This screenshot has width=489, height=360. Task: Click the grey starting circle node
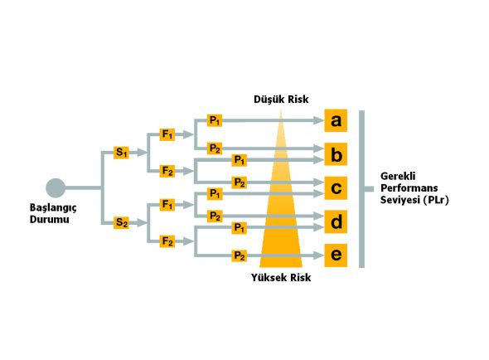56,188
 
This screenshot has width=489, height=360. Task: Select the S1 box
121,153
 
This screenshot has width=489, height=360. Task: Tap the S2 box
121,223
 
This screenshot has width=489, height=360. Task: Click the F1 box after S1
167,134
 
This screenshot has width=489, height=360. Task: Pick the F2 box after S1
167,171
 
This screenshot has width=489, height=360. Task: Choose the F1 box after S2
167,205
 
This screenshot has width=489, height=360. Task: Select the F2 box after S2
167,241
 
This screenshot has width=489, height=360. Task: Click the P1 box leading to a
215,120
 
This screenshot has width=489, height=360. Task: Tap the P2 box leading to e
240,255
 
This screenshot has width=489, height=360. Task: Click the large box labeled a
336,120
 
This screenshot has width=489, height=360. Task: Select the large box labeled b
336,154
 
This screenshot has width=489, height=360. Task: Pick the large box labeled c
336,188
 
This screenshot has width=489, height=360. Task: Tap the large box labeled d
336,221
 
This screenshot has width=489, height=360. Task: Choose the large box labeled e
336,255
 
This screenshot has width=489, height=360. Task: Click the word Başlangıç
53,208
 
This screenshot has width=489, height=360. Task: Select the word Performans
409,188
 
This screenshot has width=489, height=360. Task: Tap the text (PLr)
436,200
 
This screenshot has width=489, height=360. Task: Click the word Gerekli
398,177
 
